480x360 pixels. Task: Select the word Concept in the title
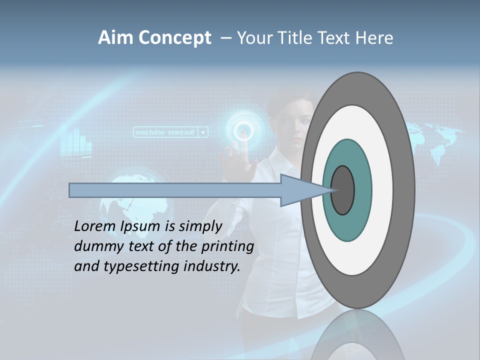[x=174, y=38]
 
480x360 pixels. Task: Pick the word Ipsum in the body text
[x=141, y=226]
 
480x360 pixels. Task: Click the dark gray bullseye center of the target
[x=343, y=190]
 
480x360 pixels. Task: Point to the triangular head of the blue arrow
[x=300, y=190]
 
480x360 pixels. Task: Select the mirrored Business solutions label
[x=170, y=132]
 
